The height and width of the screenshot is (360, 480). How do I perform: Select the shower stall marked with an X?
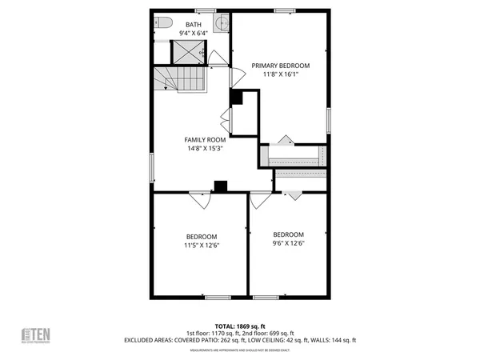click(190, 52)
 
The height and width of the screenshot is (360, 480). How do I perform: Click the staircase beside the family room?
click(181, 78)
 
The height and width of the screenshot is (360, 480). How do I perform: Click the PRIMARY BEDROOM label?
click(280, 66)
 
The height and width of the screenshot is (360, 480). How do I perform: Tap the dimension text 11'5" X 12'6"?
click(202, 246)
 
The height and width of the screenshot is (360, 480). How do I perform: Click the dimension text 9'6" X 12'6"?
click(288, 242)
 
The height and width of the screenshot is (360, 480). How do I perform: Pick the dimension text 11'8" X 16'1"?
click(280, 74)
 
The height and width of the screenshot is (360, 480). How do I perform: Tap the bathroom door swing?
click(218, 58)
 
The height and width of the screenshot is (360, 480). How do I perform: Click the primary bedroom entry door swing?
click(238, 78)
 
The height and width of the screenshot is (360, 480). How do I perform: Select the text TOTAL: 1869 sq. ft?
click(240, 326)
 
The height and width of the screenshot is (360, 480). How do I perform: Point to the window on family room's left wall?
click(152, 169)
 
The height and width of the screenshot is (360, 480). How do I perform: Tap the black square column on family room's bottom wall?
click(220, 186)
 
